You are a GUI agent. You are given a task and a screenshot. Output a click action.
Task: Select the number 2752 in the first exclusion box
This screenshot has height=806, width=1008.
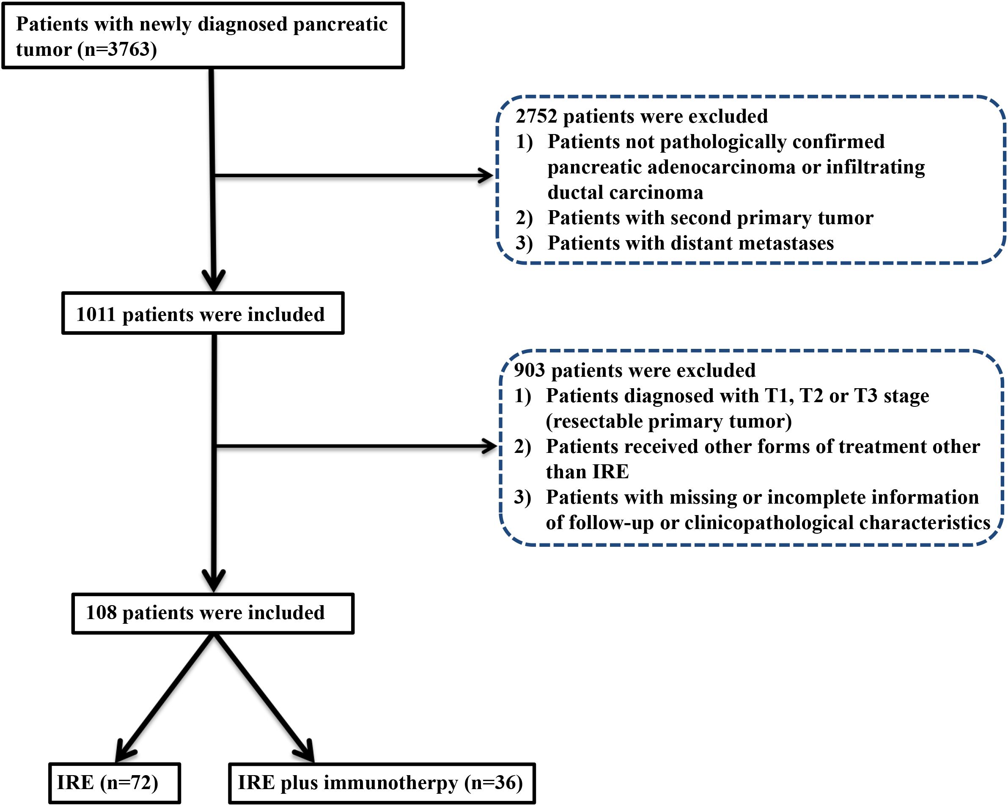tap(536, 116)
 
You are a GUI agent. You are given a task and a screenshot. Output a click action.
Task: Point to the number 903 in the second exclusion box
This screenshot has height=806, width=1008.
tap(529, 370)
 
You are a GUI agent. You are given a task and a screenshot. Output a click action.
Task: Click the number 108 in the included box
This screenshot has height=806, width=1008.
tap(101, 612)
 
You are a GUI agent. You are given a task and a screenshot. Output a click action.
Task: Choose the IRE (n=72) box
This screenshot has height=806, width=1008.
tap(115, 783)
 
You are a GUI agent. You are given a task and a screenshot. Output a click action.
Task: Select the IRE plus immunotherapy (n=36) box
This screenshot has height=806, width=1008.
tap(382, 783)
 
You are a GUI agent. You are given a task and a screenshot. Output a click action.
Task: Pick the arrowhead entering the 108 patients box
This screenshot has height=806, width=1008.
tap(214, 581)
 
